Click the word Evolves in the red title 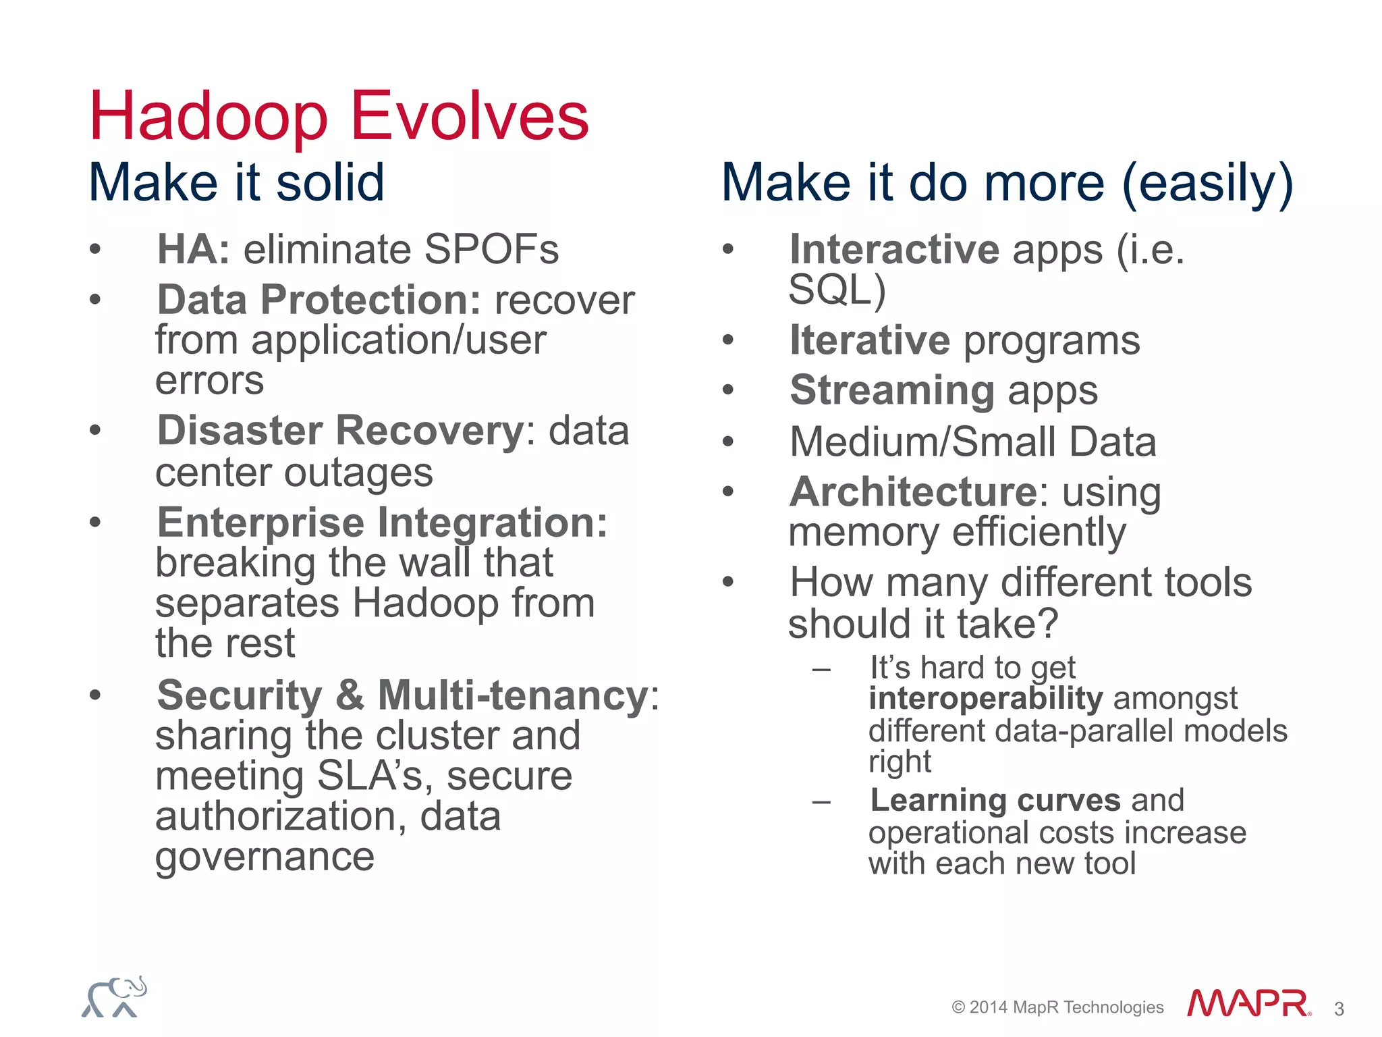point(470,117)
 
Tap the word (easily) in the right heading point(1207,184)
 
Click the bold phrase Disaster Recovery point(341,431)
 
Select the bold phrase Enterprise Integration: point(382,523)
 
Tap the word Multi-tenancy point(513,695)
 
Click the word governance point(265,857)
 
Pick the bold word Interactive point(894,249)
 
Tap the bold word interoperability point(986,698)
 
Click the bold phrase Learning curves point(995,800)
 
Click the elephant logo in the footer point(115,996)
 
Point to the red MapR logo point(1248,1003)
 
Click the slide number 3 point(1339,1009)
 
